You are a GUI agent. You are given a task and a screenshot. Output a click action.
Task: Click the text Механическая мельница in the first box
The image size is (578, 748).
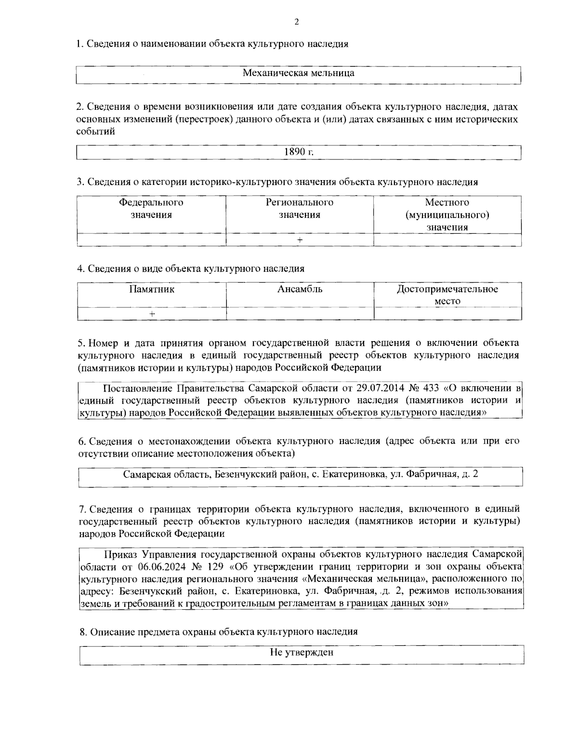[298, 73]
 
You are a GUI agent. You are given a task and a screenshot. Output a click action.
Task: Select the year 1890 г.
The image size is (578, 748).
[299, 152]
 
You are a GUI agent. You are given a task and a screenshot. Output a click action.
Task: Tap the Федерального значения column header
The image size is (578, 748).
[151, 209]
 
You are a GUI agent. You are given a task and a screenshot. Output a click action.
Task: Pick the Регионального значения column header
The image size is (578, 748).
[300, 209]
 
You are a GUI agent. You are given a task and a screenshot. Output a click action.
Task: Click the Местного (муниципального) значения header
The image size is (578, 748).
[447, 215]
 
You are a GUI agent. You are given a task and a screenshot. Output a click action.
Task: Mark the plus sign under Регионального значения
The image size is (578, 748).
[300, 240]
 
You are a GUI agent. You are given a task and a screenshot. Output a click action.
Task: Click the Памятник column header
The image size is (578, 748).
[151, 289]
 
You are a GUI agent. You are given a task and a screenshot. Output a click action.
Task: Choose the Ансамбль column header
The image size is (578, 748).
[300, 289]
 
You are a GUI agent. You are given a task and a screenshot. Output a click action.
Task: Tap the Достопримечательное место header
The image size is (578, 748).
[447, 295]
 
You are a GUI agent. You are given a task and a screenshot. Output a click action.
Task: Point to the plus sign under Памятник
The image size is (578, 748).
[152, 314]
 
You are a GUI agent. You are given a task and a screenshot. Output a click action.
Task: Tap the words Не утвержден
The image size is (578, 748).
[301, 653]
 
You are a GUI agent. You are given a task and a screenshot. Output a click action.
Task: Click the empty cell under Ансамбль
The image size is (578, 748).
[300, 314]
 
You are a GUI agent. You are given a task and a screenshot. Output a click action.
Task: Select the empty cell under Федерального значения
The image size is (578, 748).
[151, 240]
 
